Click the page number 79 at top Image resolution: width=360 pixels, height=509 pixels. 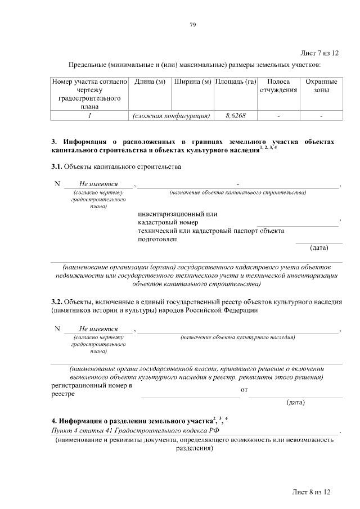(x=192, y=25)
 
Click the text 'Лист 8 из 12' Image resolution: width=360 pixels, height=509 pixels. (x=310, y=492)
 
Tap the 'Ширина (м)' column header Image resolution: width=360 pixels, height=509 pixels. (x=192, y=82)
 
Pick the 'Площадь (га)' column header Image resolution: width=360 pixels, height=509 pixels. (x=236, y=82)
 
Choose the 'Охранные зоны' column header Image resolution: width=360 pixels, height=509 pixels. (x=321, y=86)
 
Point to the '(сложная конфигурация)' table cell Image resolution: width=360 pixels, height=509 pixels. (x=171, y=116)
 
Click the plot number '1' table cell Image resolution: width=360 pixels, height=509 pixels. (x=89, y=116)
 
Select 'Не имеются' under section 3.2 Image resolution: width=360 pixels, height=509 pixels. (x=98, y=328)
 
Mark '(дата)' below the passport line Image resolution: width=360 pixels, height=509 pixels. (x=319, y=247)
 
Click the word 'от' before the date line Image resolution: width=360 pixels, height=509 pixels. (x=244, y=389)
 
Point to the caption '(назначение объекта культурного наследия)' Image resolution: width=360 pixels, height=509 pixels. (x=237, y=337)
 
